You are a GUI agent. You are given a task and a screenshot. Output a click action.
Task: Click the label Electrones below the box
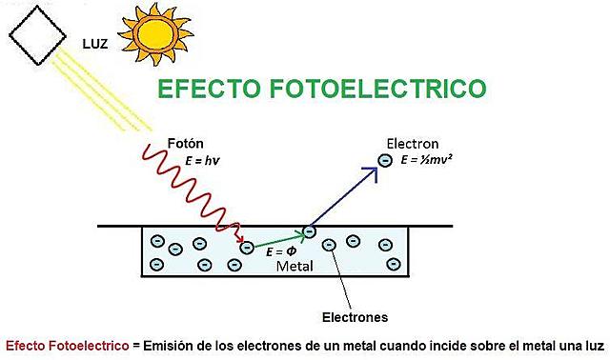coord(355,315)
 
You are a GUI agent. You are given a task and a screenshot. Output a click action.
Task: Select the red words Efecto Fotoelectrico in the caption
coord(67,345)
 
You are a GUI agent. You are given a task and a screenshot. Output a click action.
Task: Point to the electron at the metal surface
coord(309,230)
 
